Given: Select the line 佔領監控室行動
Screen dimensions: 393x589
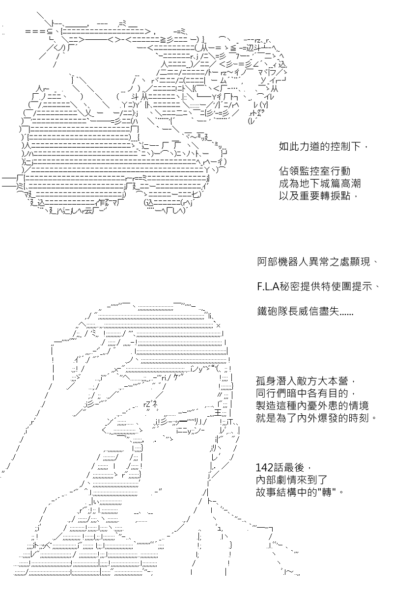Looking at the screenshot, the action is click(x=314, y=171).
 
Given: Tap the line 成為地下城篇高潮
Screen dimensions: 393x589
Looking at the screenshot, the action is click(x=320, y=184).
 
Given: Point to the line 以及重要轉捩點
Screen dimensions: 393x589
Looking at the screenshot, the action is click(x=314, y=196).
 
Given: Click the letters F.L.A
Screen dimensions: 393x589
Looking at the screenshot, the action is click(x=268, y=287).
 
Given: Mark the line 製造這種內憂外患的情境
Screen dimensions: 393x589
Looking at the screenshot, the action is click(x=312, y=406).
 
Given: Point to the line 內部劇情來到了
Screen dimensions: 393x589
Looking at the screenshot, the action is click(x=291, y=480).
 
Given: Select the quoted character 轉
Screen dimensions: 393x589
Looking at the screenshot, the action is click(x=326, y=492).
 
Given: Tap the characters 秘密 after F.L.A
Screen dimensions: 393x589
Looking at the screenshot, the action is click(x=289, y=287).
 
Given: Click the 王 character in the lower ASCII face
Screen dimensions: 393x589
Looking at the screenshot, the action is click(x=218, y=413).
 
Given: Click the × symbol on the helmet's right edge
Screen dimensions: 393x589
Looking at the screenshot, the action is click(x=218, y=326).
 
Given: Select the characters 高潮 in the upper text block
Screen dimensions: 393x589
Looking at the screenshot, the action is click(x=350, y=184).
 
